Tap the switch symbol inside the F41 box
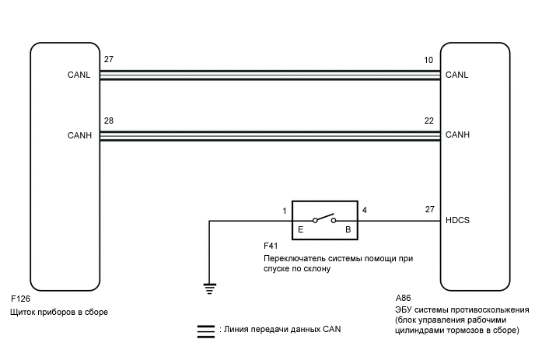coord(324,220)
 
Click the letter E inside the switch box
coord(301,231)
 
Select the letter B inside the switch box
coord(348,231)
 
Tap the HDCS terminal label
coord(457,220)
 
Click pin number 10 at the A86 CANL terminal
coord(428,59)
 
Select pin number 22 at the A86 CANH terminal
coord(428,121)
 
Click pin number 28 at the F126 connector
coord(109,121)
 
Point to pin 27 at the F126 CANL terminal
coord(109,59)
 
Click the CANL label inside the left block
coord(79,75)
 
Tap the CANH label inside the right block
coord(457,135)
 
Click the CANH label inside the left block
coord(79,135)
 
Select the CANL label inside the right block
coord(457,75)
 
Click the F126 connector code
coord(22,299)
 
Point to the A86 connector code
coord(404,299)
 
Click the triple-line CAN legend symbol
coord(206,330)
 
